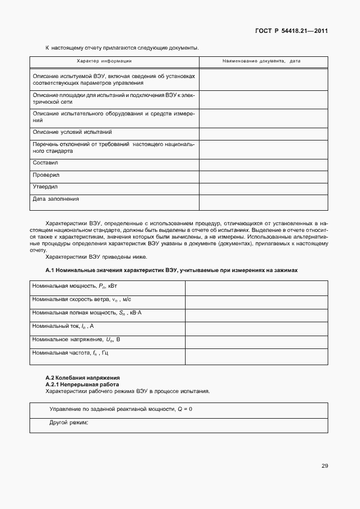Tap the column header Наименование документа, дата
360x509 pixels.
point(261,61)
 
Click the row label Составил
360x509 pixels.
point(45,163)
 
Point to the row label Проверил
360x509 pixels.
point(46,174)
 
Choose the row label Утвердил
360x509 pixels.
point(45,187)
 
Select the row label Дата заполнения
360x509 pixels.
point(56,198)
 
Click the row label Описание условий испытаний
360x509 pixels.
point(72,132)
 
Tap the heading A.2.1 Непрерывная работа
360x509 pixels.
point(81,384)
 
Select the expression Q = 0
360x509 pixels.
point(184,409)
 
